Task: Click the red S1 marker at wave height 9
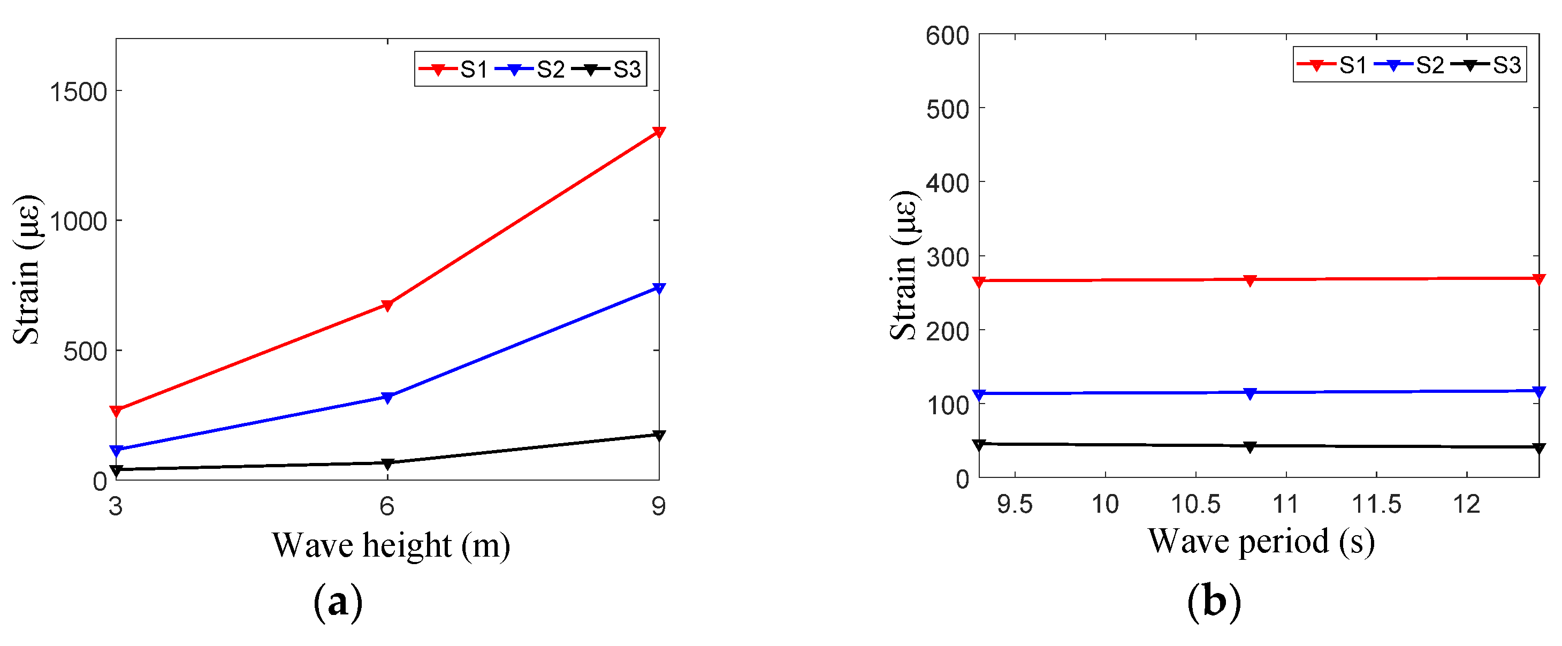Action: [659, 132]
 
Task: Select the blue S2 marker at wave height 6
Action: [387, 398]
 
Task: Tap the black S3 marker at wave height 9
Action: [659, 435]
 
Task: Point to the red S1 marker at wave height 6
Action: [387, 305]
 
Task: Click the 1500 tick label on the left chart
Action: [78, 92]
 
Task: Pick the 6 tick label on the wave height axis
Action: [387, 506]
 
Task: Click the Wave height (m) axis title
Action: [391, 545]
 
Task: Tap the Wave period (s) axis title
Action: [1261, 541]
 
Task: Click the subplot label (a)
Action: [338, 602]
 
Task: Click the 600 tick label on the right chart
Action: [947, 36]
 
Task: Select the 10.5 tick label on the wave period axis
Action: [1195, 504]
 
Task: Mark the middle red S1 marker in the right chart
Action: [1249, 280]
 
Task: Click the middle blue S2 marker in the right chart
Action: [1249, 393]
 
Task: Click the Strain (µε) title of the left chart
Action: [26, 270]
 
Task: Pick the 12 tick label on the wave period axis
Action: [1466, 504]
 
